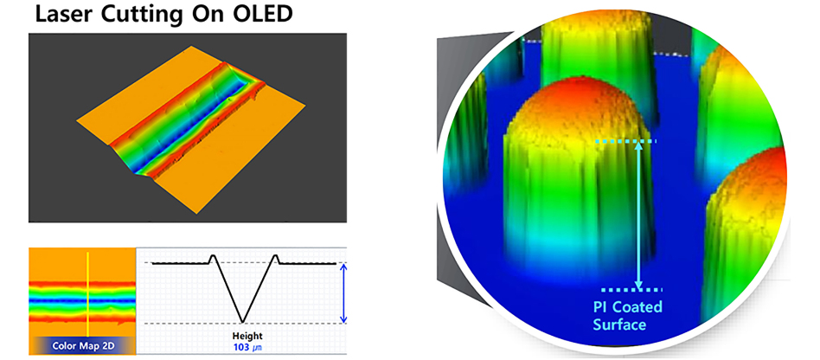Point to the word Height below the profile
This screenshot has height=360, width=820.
coord(248,336)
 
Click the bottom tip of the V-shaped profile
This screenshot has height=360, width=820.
coord(242,322)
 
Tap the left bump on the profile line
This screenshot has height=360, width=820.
coord(213,257)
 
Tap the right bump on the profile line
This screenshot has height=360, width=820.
coord(276,257)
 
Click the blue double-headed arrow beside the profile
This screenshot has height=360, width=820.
coord(343,293)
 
